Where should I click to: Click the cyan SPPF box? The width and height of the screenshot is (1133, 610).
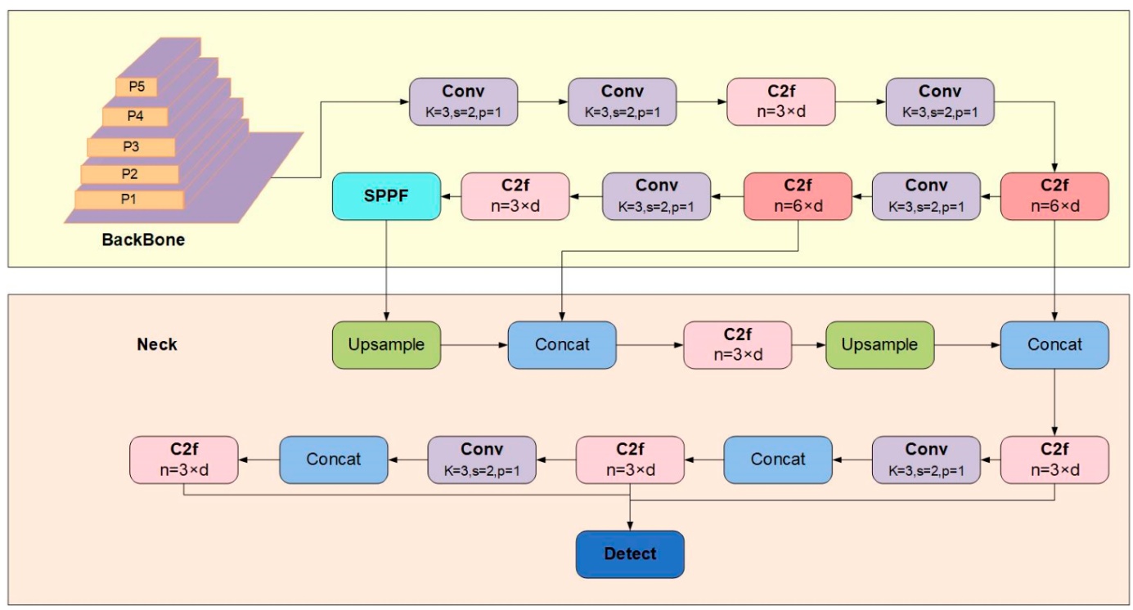tap(386, 196)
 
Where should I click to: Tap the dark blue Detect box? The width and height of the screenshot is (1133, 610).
tap(630, 554)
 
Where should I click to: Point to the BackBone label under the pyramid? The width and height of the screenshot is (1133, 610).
tap(143, 240)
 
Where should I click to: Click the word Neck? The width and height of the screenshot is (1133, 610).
tap(156, 344)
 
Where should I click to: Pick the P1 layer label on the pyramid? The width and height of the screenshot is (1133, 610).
tap(128, 199)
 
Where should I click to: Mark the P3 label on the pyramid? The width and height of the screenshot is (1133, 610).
tap(131, 146)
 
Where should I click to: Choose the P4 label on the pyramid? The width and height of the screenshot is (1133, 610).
tap(135, 116)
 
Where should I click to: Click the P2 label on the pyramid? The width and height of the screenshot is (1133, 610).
tap(129, 173)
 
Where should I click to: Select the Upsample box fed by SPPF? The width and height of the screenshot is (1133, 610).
tap(386, 344)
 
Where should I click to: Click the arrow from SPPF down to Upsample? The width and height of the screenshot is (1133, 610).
tap(386, 270)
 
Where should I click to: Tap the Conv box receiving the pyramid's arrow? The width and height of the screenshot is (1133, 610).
tap(463, 101)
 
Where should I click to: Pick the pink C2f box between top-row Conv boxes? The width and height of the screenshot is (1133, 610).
tap(781, 101)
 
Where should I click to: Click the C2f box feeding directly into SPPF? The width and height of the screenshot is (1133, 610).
tap(515, 196)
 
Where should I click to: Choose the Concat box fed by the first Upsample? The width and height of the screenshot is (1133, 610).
tap(562, 344)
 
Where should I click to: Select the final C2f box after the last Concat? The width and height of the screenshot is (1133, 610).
tap(184, 459)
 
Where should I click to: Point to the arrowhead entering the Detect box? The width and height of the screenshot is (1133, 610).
tap(630, 526)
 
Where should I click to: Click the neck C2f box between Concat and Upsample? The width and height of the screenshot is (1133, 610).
tap(738, 344)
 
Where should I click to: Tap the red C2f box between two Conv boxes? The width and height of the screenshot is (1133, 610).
tap(798, 196)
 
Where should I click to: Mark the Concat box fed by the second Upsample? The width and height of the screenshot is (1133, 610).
tap(1054, 344)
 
